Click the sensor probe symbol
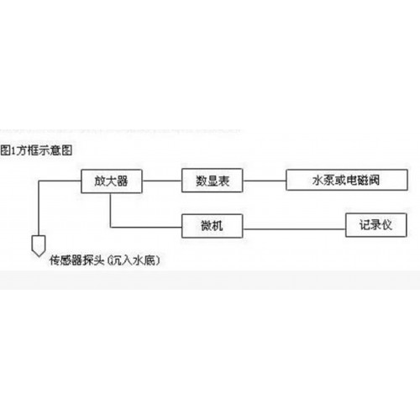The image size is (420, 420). coord(39,246)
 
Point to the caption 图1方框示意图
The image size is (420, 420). coord(36,150)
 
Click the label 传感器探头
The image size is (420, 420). coord(76,260)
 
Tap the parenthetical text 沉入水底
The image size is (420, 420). coord(134,260)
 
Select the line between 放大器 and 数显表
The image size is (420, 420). coord(162,181)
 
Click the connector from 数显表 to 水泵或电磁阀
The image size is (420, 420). coord(265,181)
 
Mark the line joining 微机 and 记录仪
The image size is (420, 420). coord(294,229)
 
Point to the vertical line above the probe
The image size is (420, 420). coord(39,208)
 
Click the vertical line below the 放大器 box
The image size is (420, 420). coord(110,210)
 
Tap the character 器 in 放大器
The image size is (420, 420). coord(123,181)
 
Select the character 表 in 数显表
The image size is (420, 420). coord(223,181)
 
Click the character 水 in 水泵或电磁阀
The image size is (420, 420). coord(318,180)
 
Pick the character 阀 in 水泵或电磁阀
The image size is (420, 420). coord(374,180)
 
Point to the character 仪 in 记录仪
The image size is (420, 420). coord(386,225)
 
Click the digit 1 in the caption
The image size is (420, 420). coord(13,150)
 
